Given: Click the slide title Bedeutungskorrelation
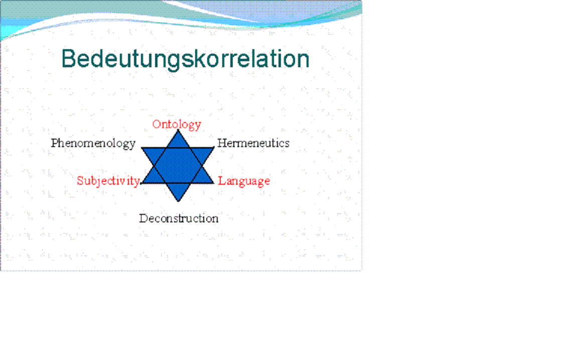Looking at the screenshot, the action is click(185, 59).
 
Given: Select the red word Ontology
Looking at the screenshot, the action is click(177, 125).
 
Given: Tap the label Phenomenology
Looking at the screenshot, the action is click(93, 144).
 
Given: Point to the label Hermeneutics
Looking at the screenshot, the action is click(253, 143).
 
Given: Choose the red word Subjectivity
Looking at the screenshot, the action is click(108, 181).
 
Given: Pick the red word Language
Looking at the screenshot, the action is click(244, 181).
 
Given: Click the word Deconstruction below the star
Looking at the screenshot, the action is click(179, 218).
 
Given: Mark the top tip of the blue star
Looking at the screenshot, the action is click(178, 130).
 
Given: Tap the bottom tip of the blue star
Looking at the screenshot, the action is click(178, 201).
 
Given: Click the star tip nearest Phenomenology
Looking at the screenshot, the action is click(142, 148).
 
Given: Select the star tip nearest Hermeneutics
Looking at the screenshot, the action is click(214, 148).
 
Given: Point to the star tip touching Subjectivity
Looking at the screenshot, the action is click(142, 183).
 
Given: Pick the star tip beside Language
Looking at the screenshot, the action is click(214, 183).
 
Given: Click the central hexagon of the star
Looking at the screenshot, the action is click(178, 165).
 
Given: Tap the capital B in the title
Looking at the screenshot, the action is click(69, 59).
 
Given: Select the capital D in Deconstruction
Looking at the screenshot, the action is click(143, 218).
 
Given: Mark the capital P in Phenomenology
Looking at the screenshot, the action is click(55, 143).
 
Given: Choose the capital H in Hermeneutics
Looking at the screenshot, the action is click(222, 143).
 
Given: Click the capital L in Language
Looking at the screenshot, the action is click(222, 180).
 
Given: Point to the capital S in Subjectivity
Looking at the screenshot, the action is click(80, 181).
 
